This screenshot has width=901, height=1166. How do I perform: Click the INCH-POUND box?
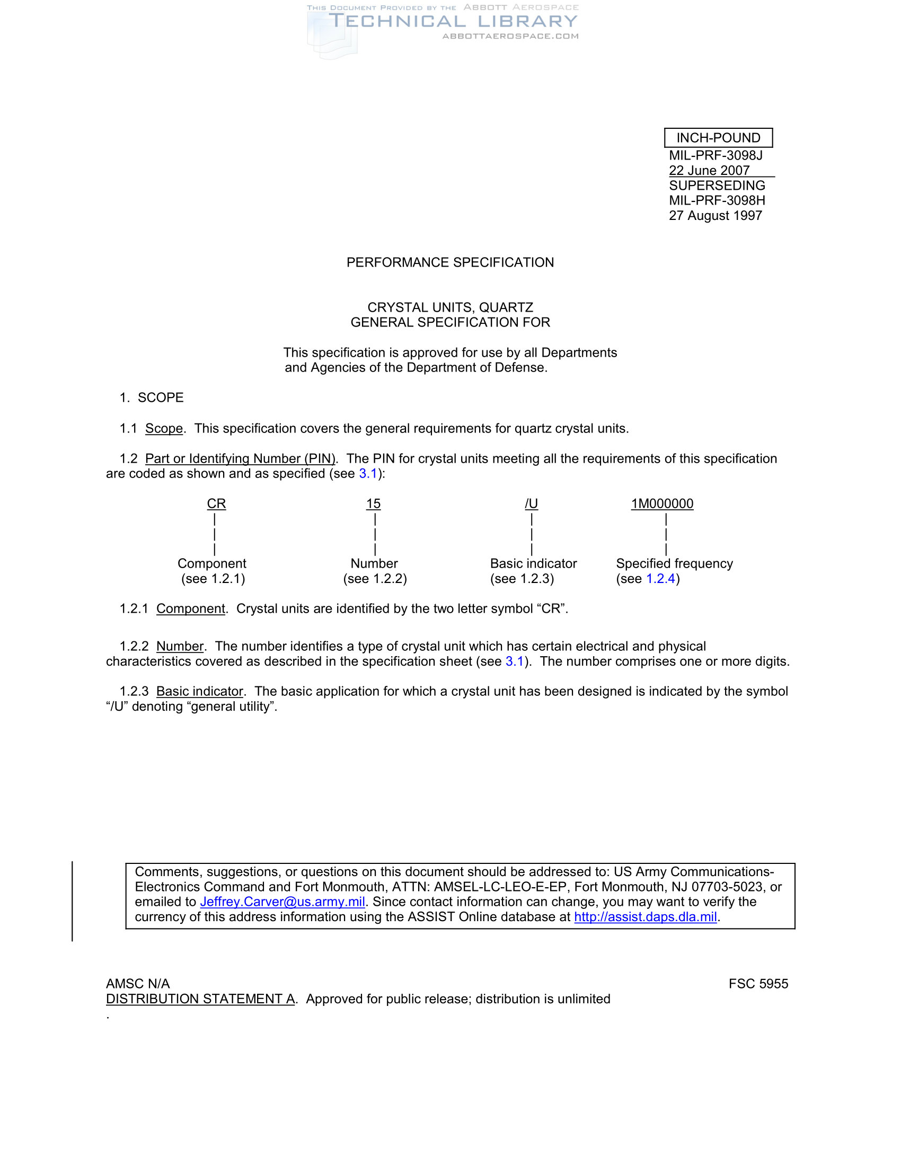click(x=718, y=138)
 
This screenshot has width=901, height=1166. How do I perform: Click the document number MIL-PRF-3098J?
click(x=715, y=155)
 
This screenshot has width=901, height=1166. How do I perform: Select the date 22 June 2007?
click(x=709, y=170)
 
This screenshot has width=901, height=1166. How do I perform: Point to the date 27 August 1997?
click(x=715, y=216)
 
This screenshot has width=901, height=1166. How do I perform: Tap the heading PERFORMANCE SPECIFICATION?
click(x=450, y=262)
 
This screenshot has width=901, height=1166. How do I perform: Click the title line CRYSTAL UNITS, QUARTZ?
click(x=450, y=307)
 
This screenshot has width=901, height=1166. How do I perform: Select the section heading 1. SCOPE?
click(x=152, y=397)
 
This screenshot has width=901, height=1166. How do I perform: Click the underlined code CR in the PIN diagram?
click(x=216, y=503)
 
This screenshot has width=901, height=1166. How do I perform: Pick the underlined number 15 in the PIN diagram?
click(x=373, y=503)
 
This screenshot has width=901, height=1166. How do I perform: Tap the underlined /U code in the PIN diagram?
click(x=531, y=503)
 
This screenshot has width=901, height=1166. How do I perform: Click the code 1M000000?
click(x=662, y=503)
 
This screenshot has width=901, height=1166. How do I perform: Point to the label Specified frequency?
click(x=674, y=563)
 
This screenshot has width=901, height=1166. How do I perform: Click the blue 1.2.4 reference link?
click(x=661, y=579)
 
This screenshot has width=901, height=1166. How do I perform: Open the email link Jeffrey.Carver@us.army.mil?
click(x=282, y=902)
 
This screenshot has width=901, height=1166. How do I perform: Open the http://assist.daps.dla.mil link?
click(x=646, y=917)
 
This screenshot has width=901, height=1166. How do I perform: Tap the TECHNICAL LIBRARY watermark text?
click(x=453, y=21)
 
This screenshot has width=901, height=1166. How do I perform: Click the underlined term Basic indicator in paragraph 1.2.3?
click(x=200, y=691)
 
